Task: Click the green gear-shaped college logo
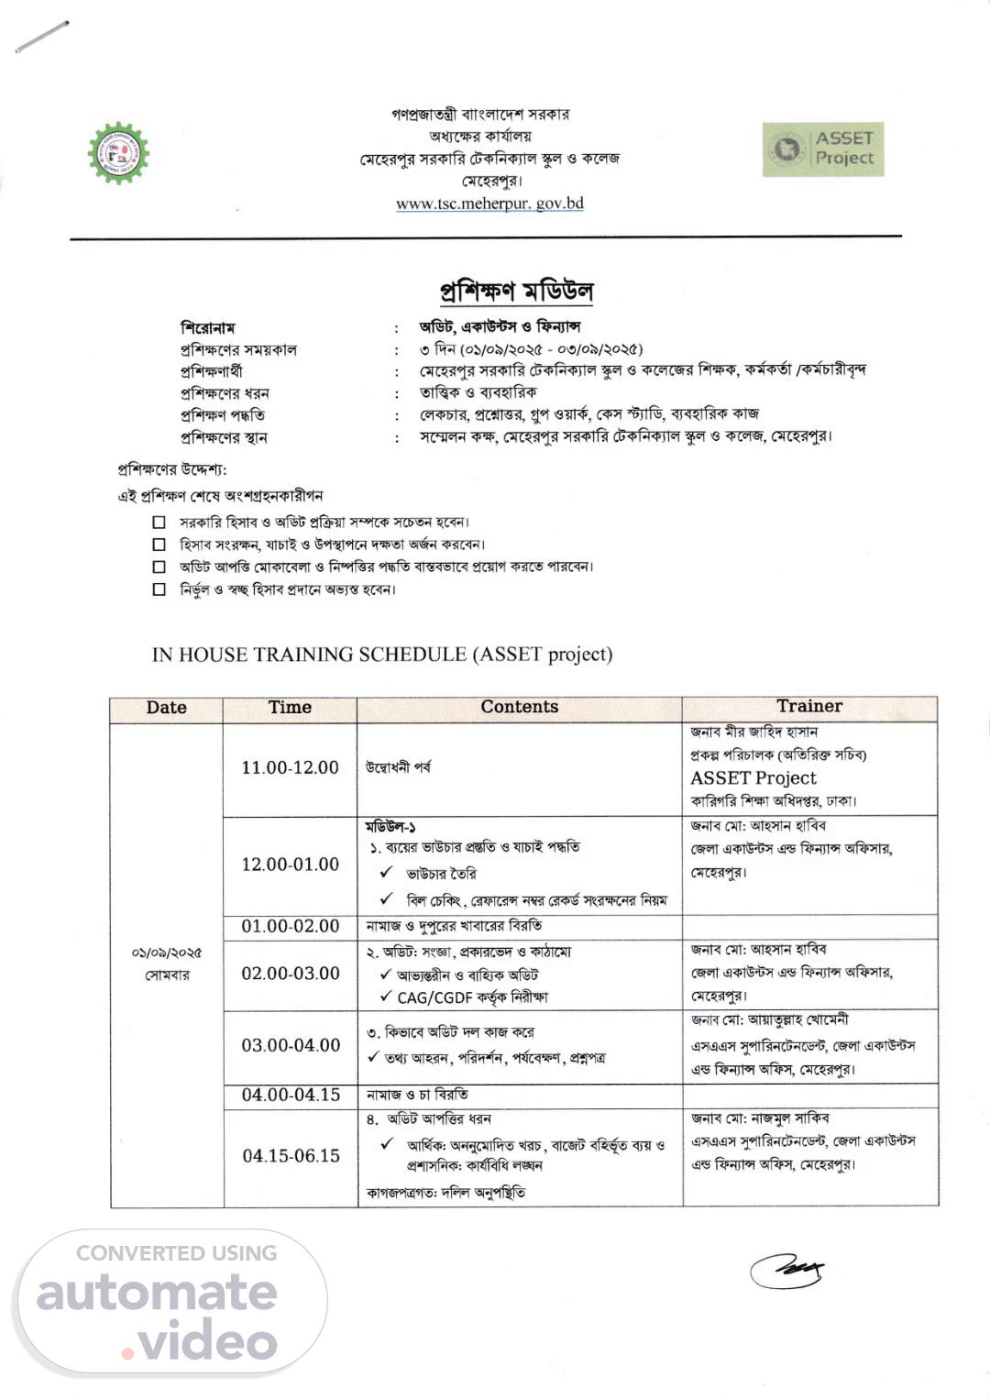pos(118,153)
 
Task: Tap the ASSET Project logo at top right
pos(822,149)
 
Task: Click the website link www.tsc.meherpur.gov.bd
pos(489,204)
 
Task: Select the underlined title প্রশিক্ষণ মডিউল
pos(516,292)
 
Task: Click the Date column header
pos(166,708)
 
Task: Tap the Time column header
pos(290,708)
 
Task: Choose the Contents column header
pos(519,707)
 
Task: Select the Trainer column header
pos(809,706)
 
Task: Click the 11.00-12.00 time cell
pos(290,767)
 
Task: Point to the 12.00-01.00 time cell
pos(290,865)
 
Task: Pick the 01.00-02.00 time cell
pos(290,926)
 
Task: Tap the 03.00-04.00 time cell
pos(291,1045)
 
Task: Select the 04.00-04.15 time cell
pos(291,1095)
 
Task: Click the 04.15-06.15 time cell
pos(291,1156)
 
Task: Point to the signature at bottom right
pos(786,1270)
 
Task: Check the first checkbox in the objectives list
pos(159,523)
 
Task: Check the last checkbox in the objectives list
pos(159,589)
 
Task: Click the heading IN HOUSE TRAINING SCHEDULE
pos(381,655)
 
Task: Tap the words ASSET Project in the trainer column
pos(753,778)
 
